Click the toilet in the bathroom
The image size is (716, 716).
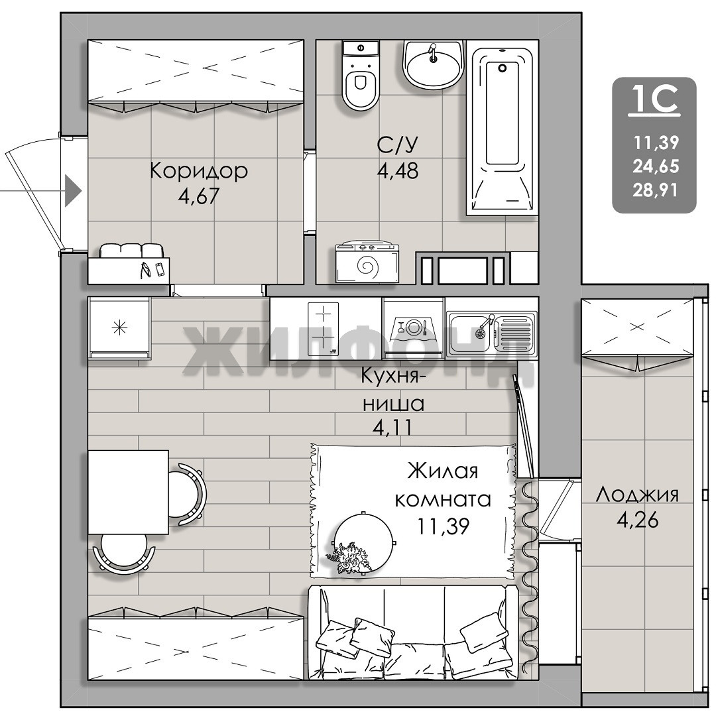click(360, 76)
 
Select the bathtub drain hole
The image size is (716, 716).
click(503, 68)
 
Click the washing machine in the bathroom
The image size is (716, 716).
click(367, 263)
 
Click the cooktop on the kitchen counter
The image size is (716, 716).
click(324, 328)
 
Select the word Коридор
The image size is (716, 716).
click(199, 171)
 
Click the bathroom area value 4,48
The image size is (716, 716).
click(398, 171)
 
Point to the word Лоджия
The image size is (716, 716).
click(638, 495)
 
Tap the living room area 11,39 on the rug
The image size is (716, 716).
click(443, 526)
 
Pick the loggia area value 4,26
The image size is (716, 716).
click(638, 520)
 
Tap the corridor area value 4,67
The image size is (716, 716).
click(199, 196)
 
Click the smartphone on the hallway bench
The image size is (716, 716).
click(160, 269)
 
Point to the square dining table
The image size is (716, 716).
click(129, 492)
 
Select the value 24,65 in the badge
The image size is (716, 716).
click(656, 166)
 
